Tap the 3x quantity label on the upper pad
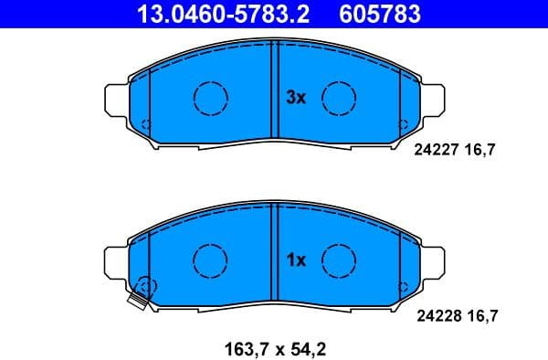(x=296, y=97)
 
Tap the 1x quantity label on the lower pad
(x=295, y=260)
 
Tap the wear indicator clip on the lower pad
(x=140, y=297)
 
